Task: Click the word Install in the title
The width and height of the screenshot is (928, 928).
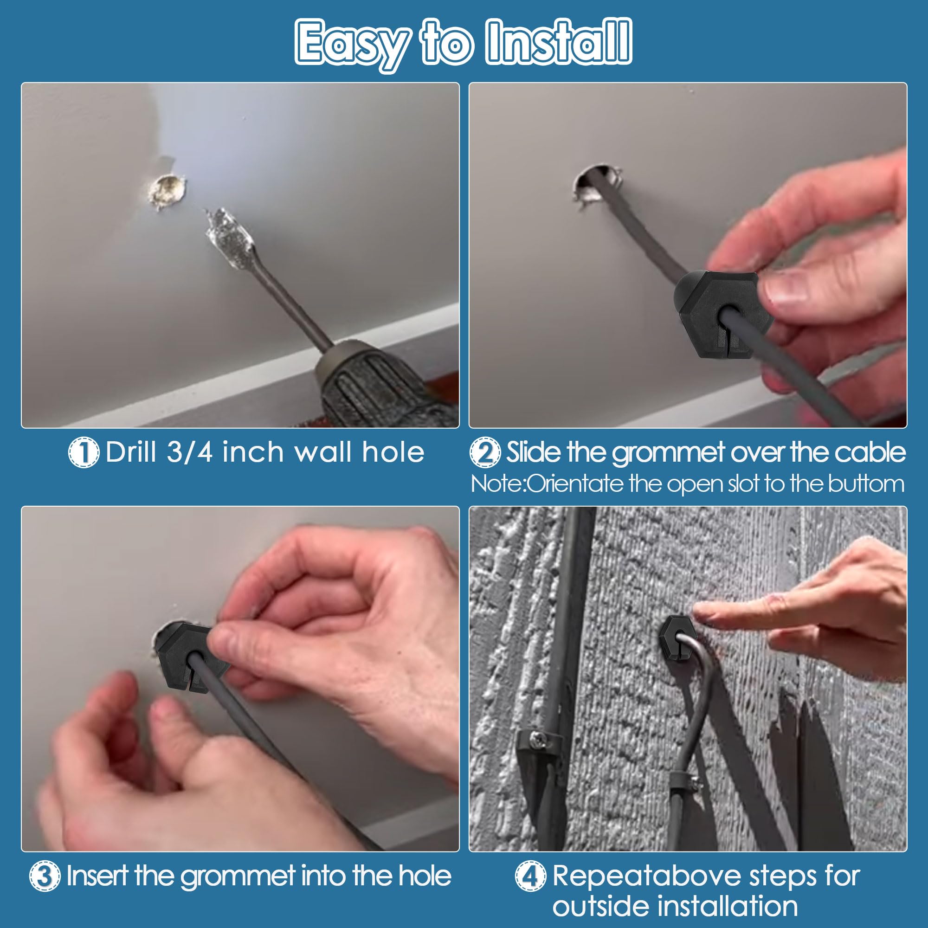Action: coord(558,42)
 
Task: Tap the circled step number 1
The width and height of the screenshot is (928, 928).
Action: coord(83,452)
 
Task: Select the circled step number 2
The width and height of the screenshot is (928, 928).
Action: coord(485,452)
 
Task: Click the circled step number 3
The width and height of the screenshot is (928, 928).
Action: coord(45,875)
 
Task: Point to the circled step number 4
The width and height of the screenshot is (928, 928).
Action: coord(530,875)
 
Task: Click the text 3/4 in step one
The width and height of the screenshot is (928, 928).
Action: coord(190,452)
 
